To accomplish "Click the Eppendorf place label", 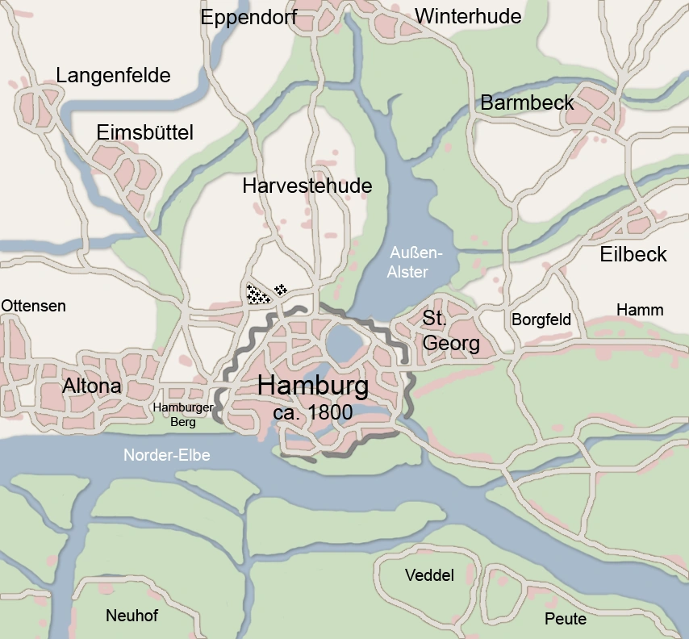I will point(248,17).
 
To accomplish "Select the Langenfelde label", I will point(113,76).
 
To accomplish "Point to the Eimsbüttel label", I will point(144,133).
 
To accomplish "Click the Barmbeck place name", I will point(527,102).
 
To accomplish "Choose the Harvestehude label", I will point(307,186).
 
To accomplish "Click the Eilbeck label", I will point(633,255).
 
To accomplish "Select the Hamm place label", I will point(640,310).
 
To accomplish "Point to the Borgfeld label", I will point(541,319).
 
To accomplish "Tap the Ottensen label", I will point(33,306).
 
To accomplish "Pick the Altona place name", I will point(91,386).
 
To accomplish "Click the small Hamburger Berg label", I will point(183,414).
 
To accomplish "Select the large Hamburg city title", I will point(313,386).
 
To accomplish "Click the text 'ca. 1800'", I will point(313,412).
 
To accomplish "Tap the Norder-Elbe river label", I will point(166,456).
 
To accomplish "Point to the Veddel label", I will point(429,575).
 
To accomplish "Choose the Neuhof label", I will point(132,616).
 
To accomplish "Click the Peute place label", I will point(565,620).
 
